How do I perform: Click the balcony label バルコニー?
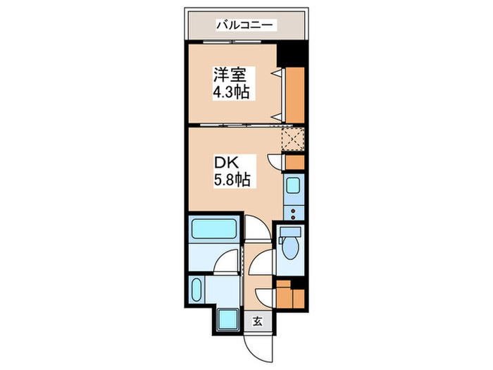(246, 26)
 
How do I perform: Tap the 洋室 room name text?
(228, 74)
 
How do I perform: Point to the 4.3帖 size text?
(232, 92)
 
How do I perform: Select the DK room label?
(225, 161)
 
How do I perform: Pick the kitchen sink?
(294, 187)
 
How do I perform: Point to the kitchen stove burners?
(294, 209)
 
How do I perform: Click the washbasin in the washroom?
(196, 289)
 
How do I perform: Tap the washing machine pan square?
(230, 321)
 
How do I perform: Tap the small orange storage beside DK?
(295, 161)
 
